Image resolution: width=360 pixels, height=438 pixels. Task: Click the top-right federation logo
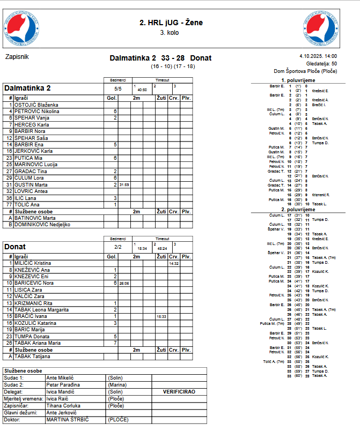coord(321,27)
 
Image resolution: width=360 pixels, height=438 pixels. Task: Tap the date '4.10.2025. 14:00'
coord(318,56)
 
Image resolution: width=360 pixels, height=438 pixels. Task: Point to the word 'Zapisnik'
coord(17,56)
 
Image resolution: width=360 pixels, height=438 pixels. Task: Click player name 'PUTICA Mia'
coord(28,158)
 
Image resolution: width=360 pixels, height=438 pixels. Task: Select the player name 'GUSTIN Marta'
coord(31,184)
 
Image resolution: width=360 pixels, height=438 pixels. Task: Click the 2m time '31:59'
coord(124,184)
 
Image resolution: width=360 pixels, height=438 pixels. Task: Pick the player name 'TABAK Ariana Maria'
coord(37,343)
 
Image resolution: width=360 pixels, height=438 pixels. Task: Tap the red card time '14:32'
coord(173,263)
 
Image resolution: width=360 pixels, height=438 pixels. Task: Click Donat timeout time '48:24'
coord(161,249)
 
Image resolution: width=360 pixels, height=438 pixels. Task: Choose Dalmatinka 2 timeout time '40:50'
coord(142,90)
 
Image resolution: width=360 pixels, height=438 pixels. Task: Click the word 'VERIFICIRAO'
coord(179,392)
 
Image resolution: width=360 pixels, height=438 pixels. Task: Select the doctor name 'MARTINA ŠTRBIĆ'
coord(67,419)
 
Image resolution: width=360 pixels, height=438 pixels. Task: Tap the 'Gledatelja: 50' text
coord(321,63)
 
